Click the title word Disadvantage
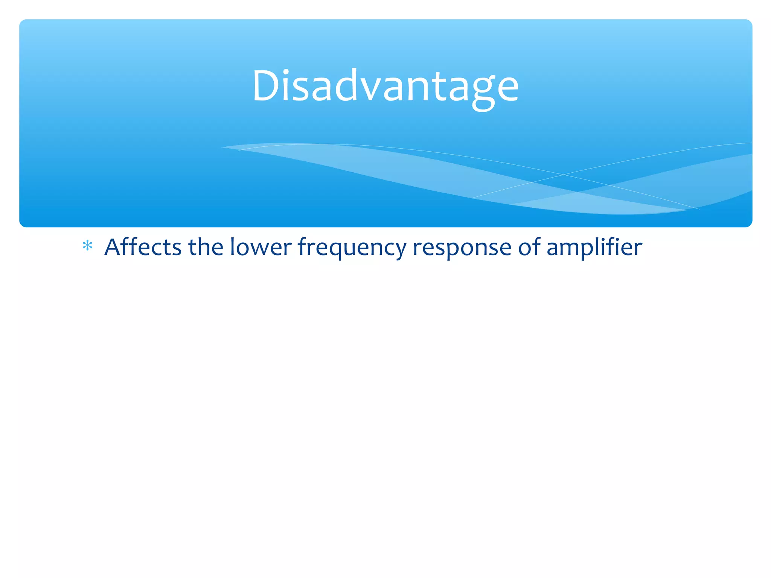(385, 87)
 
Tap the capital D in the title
(266, 87)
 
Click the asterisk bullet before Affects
(87, 246)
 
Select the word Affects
(143, 247)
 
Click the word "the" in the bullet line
(206, 247)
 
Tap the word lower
(261, 247)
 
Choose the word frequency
(352, 248)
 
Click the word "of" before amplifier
(529, 247)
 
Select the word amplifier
(594, 248)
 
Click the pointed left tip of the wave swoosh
(223, 147)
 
